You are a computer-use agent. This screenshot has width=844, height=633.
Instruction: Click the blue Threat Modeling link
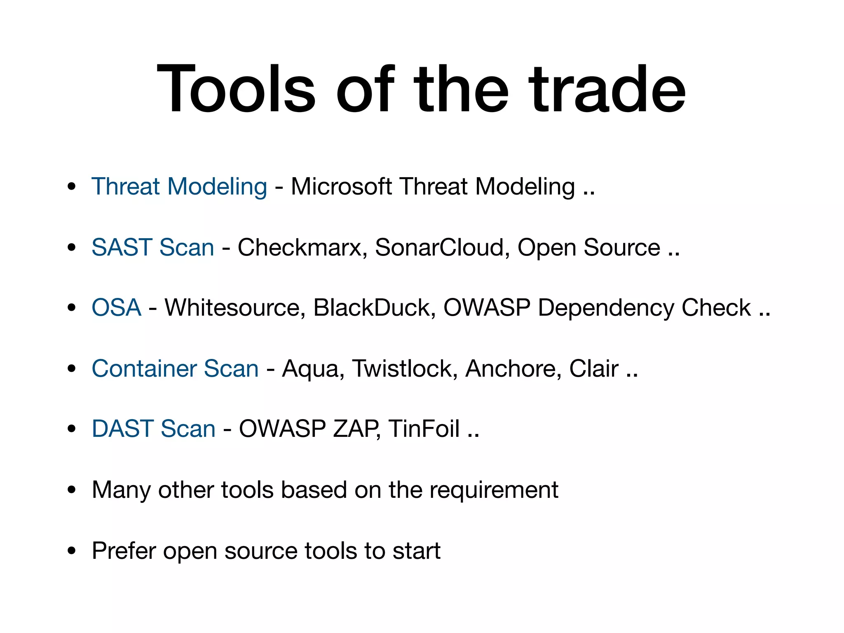[x=179, y=186]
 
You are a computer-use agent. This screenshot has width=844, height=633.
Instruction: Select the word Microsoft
[x=341, y=186]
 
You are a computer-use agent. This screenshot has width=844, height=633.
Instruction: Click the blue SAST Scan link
[x=153, y=247]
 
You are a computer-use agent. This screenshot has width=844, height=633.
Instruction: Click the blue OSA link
[x=116, y=307]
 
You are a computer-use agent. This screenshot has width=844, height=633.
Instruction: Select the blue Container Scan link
[x=175, y=368]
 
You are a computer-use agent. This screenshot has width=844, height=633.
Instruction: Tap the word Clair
[x=593, y=368]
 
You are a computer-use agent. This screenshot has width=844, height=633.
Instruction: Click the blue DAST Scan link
[x=153, y=429]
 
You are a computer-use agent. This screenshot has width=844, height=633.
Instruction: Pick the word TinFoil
[x=424, y=429]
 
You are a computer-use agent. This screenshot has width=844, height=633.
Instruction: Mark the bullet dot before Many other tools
[x=72, y=490]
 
